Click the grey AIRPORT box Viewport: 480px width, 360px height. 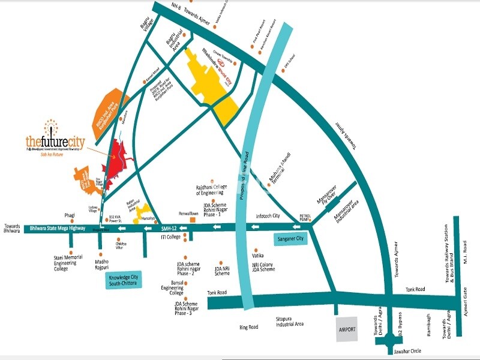point(347,330)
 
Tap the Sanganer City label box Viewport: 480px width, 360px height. point(291,239)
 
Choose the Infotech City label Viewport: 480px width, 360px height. point(268,215)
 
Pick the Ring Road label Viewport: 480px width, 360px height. point(248,327)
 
